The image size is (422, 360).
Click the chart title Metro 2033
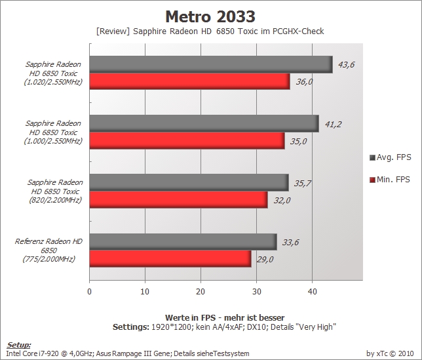[210, 16]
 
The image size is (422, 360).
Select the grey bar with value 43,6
[211, 64]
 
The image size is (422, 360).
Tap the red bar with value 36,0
[190, 81]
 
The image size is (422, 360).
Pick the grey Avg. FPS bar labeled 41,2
[204, 123]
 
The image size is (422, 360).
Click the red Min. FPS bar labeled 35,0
[187, 140]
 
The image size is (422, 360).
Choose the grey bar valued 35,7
[189, 182]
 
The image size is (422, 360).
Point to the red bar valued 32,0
[178, 199]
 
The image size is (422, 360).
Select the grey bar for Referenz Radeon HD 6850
[183, 242]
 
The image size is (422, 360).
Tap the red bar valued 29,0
[170, 259]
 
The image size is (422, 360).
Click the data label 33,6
[290, 243]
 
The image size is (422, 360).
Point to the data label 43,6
[346, 65]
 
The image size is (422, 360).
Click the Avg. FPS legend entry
[391, 157]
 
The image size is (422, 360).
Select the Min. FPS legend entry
[390, 180]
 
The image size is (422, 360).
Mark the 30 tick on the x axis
[256, 292]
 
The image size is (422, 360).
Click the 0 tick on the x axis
[89, 292]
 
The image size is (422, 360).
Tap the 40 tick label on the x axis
[312, 292]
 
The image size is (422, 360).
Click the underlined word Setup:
[18, 345]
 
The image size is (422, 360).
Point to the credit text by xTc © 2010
[390, 353]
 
